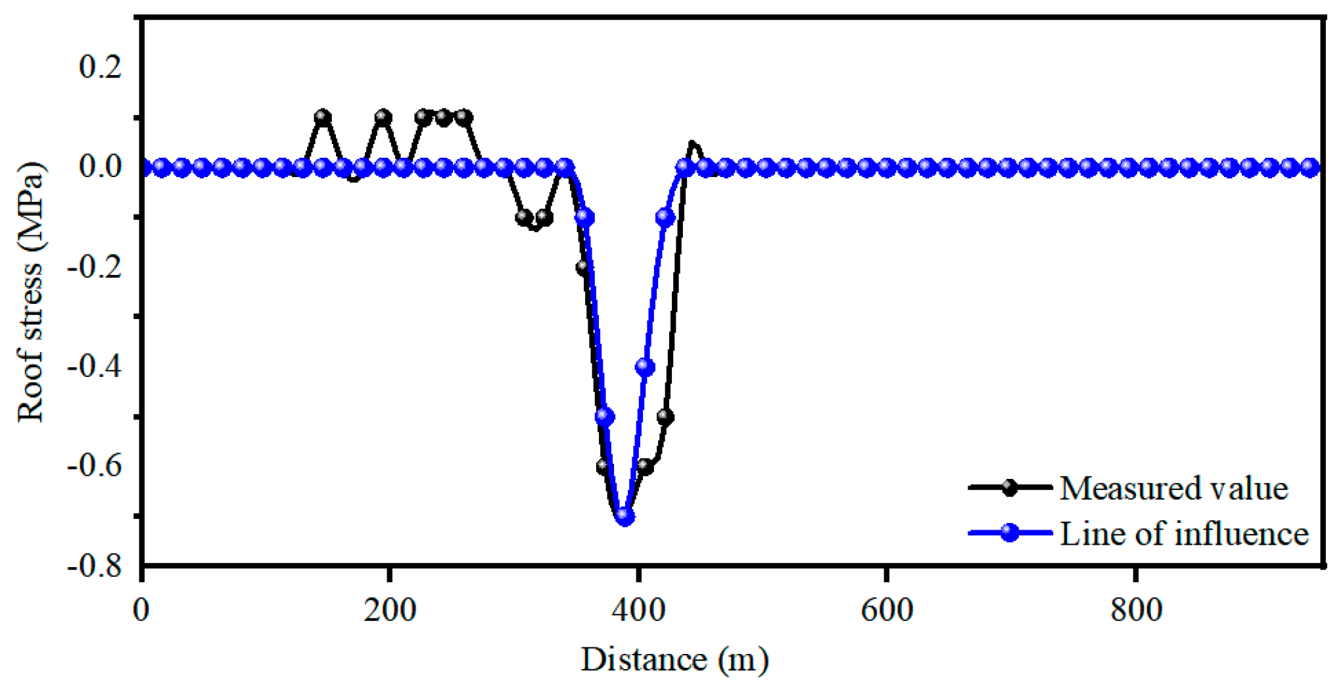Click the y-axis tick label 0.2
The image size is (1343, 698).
[x=100, y=67]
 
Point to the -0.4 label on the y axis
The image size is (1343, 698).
[x=95, y=366]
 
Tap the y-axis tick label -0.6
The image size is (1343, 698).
[x=95, y=466]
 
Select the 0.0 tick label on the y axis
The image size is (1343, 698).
[x=100, y=167]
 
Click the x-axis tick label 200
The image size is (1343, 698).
[x=390, y=611]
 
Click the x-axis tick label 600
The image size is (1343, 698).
[x=887, y=611]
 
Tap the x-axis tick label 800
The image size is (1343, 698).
[x=1135, y=611]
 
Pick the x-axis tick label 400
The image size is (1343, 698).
[x=638, y=611]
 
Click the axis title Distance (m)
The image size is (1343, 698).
[x=674, y=660]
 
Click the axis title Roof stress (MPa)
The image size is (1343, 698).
[x=30, y=292]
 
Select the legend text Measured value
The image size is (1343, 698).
[x=1173, y=489]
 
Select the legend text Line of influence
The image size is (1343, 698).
[x=1184, y=534]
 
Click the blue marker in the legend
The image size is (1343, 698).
[x=1010, y=533]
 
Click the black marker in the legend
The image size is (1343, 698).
[x=1010, y=488]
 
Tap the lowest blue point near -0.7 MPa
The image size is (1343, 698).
[x=625, y=517]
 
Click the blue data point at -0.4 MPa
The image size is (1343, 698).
[x=646, y=367]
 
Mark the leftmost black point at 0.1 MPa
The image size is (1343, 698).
[x=322, y=118]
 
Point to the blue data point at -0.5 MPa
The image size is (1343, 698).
[x=605, y=417]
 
